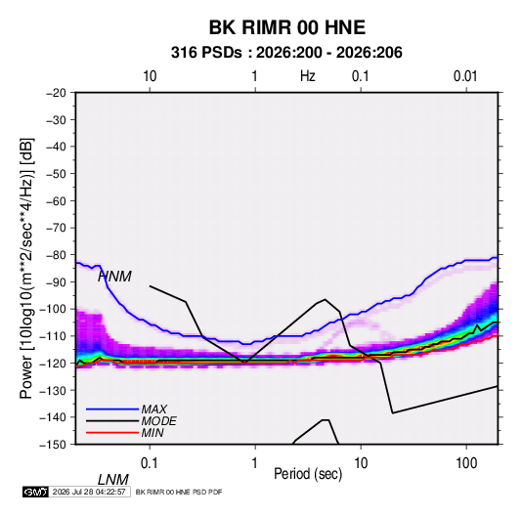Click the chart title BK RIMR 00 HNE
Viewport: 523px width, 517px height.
pyautogui.click(x=286, y=27)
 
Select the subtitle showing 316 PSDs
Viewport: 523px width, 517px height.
pyautogui.click(x=286, y=53)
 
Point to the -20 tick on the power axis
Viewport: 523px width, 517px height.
pyautogui.click(x=56, y=93)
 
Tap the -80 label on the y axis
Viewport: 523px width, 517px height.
pyautogui.click(x=56, y=255)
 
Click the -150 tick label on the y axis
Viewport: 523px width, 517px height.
pyautogui.click(x=54, y=445)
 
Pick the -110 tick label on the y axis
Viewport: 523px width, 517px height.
pyautogui.click(x=54, y=336)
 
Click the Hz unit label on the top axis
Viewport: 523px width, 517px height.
pyautogui.click(x=308, y=76)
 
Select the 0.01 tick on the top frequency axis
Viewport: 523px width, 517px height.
pyautogui.click(x=465, y=76)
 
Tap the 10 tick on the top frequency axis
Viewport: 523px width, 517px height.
pyautogui.click(x=150, y=76)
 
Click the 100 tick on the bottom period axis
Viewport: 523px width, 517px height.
pyautogui.click(x=466, y=463)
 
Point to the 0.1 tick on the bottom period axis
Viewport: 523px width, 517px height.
pyautogui.click(x=150, y=463)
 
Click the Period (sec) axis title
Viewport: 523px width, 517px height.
pyautogui.click(x=308, y=474)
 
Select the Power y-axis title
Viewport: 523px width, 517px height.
pyautogui.click(x=26, y=268)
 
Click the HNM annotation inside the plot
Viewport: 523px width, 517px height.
pyautogui.click(x=115, y=277)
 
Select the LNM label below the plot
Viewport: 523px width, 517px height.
pyautogui.click(x=113, y=480)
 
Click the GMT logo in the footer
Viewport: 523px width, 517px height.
pyautogui.click(x=36, y=492)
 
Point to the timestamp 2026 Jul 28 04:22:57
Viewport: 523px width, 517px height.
pyautogui.click(x=89, y=492)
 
